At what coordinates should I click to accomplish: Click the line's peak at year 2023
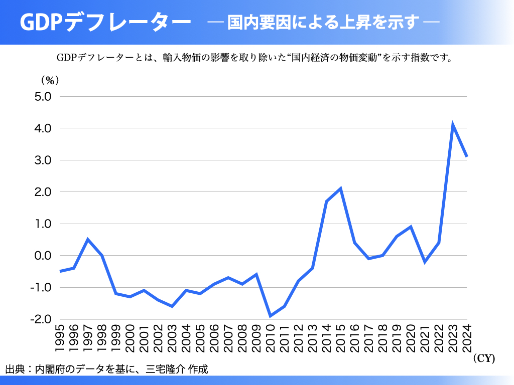pos(453,125)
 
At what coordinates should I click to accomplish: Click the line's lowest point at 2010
pos(270,316)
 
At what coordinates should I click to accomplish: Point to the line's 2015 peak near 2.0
pos(341,188)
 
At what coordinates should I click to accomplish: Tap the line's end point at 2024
pos(467,156)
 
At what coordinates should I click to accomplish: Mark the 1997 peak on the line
pos(88,240)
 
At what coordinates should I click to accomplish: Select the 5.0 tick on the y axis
pos(43,97)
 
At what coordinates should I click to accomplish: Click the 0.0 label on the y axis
pos(43,256)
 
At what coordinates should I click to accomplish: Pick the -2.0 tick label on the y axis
pos(42,319)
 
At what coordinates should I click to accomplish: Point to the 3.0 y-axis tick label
pos(43,160)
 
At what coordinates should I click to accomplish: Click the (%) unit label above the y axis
pos(50,80)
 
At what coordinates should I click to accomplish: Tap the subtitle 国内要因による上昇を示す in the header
pos(323,23)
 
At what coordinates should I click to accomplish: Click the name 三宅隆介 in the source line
pos(165,370)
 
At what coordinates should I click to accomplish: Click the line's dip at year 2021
pos(425,262)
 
